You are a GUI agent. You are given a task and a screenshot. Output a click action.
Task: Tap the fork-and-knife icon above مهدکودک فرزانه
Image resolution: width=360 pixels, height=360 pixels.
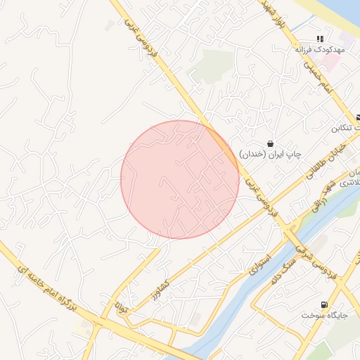tap(320, 39)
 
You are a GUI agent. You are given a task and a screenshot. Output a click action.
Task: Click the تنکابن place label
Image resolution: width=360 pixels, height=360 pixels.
tap(345, 129)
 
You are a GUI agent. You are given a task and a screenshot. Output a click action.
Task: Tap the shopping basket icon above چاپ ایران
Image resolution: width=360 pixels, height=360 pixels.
tap(271, 143)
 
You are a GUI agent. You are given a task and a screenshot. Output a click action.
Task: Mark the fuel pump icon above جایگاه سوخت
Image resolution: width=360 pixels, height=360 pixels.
tap(323, 304)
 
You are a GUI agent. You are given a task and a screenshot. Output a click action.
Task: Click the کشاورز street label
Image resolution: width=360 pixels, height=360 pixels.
tap(161, 289)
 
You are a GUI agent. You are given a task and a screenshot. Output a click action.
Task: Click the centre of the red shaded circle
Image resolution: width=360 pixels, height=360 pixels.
tap(180, 180)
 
